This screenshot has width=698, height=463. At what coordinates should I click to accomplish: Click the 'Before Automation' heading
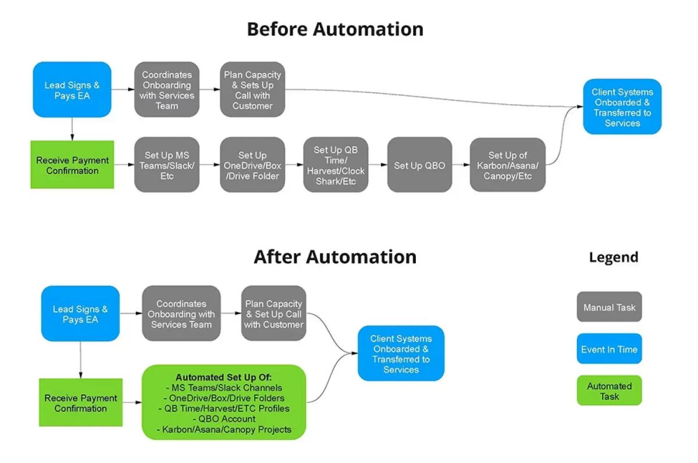point(335,29)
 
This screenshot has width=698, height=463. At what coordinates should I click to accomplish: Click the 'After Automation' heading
point(335,257)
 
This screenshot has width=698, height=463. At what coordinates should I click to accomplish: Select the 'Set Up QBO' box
point(419,165)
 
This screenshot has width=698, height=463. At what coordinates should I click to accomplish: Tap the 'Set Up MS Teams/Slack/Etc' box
point(166,165)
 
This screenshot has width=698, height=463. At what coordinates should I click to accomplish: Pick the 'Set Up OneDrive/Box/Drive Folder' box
point(252,165)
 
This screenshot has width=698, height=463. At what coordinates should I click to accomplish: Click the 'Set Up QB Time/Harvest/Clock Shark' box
point(336,165)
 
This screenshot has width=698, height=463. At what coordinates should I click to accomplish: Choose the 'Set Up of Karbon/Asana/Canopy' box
point(507,165)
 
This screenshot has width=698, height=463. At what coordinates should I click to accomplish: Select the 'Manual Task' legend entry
point(609,307)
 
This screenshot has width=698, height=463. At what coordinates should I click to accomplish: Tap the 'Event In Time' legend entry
point(609,349)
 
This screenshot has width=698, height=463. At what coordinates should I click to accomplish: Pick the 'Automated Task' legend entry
point(609,391)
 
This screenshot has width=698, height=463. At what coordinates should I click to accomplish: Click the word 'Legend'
point(613,257)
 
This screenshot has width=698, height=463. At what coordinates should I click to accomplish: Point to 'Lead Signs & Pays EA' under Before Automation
point(72,90)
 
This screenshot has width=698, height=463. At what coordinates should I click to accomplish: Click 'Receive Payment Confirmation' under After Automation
point(81,403)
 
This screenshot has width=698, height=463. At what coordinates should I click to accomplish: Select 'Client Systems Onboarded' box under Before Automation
point(622,107)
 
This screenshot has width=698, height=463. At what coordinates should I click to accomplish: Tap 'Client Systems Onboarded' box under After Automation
point(401,354)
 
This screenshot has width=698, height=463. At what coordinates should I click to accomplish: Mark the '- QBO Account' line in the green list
point(224,419)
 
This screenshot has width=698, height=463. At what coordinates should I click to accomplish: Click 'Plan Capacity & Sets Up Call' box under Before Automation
point(252,90)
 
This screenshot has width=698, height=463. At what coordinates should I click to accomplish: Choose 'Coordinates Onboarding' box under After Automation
point(181,314)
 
